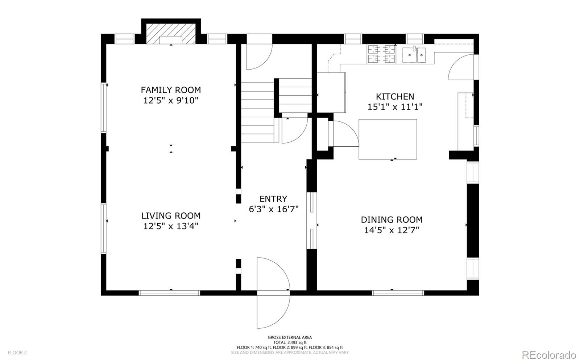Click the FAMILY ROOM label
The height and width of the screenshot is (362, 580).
point(171,90)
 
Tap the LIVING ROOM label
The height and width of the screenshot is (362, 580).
point(171,216)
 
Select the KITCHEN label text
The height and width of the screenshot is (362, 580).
point(395,96)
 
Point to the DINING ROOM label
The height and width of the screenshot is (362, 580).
point(392,220)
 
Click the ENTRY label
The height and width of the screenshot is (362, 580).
point(273,199)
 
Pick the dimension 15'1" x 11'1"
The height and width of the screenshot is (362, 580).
point(395,107)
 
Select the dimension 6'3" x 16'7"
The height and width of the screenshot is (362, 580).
point(274,209)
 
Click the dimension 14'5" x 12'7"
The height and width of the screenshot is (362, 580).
point(392,230)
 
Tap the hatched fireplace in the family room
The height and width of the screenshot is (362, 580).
point(171,34)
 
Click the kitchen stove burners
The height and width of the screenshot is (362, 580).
point(381,54)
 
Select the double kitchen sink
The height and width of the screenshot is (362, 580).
point(414,55)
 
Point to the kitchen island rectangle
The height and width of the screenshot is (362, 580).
point(388,139)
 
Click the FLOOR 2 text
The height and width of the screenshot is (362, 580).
point(17,353)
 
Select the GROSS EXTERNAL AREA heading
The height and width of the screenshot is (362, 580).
point(290,337)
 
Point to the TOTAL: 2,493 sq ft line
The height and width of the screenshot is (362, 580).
point(290,342)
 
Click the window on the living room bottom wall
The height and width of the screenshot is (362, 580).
point(169,293)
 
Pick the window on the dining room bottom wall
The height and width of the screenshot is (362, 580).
point(398,293)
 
